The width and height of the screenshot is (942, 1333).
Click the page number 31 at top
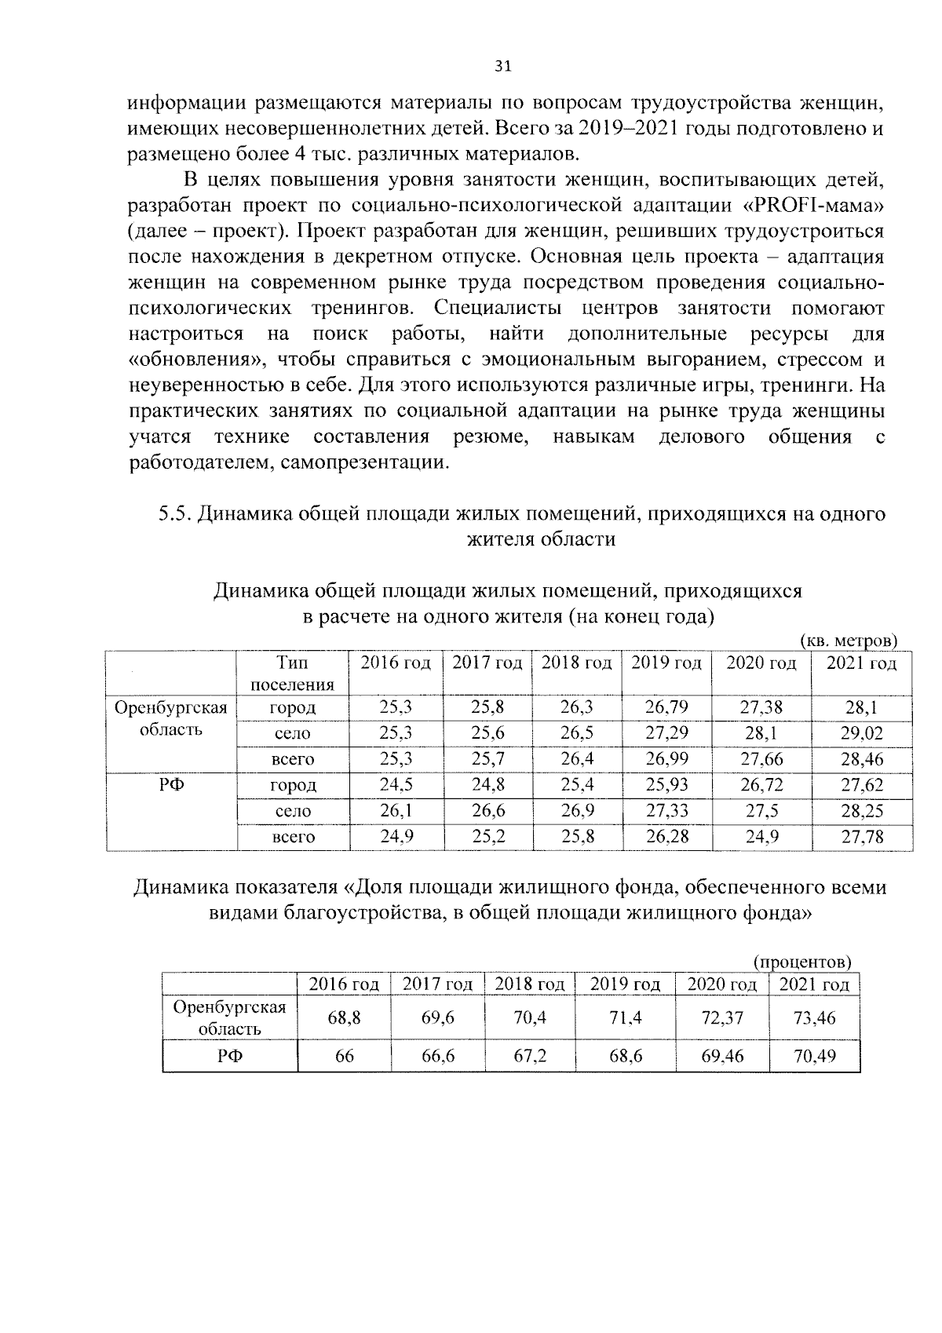click(x=503, y=67)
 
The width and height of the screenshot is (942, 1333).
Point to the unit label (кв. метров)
click(x=848, y=641)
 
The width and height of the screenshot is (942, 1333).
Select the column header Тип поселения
click(x=292, y=673)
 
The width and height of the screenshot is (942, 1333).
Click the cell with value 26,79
click(x=666, y=707)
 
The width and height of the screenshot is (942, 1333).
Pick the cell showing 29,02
click(x=862, y=733)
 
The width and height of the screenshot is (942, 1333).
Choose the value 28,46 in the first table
click(x=862, y=759)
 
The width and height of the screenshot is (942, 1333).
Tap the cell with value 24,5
click(x=396, y=785)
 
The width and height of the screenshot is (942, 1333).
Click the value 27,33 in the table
click(x=666, y=811)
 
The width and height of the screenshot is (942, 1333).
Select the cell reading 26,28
click(x=666, y=837)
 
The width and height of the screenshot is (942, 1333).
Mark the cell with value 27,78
click(x=862, y=837)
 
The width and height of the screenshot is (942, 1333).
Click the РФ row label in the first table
click(x=171, y=785)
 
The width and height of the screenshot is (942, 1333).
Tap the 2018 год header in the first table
click(x=576, y=663)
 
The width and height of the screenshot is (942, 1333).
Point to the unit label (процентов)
click(x=802, y=962)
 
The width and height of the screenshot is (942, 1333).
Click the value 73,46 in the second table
click(x=814, y=1018)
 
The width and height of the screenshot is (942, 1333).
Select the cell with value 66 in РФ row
click(x=345, y=1056)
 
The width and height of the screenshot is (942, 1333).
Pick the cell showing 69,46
click(x=722, y=1056)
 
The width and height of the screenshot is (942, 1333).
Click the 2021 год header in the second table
click(x=814, y=984)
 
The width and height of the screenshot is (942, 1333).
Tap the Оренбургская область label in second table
click(x=229, y=1018)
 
